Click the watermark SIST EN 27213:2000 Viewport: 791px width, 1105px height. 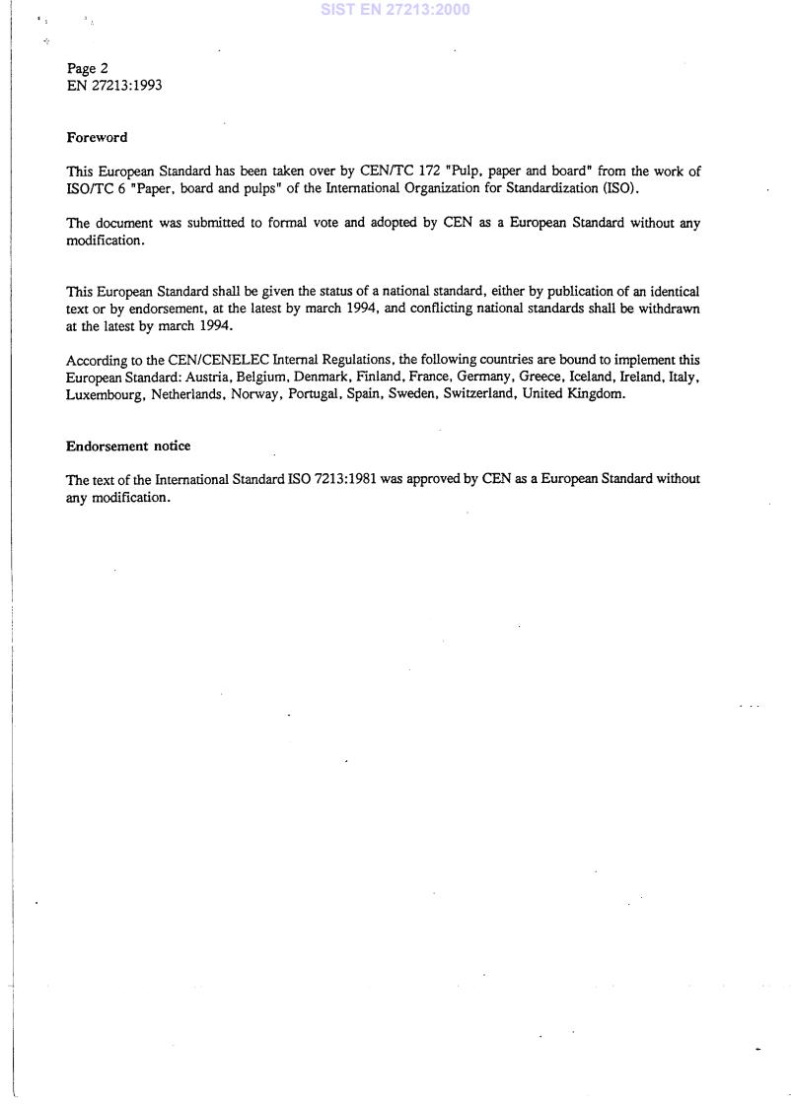[395, 10]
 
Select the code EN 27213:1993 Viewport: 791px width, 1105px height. [114, 85]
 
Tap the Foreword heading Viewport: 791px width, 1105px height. [97, 137]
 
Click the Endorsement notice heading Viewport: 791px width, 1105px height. [128, 446]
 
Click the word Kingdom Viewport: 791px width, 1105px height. [599, 394]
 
